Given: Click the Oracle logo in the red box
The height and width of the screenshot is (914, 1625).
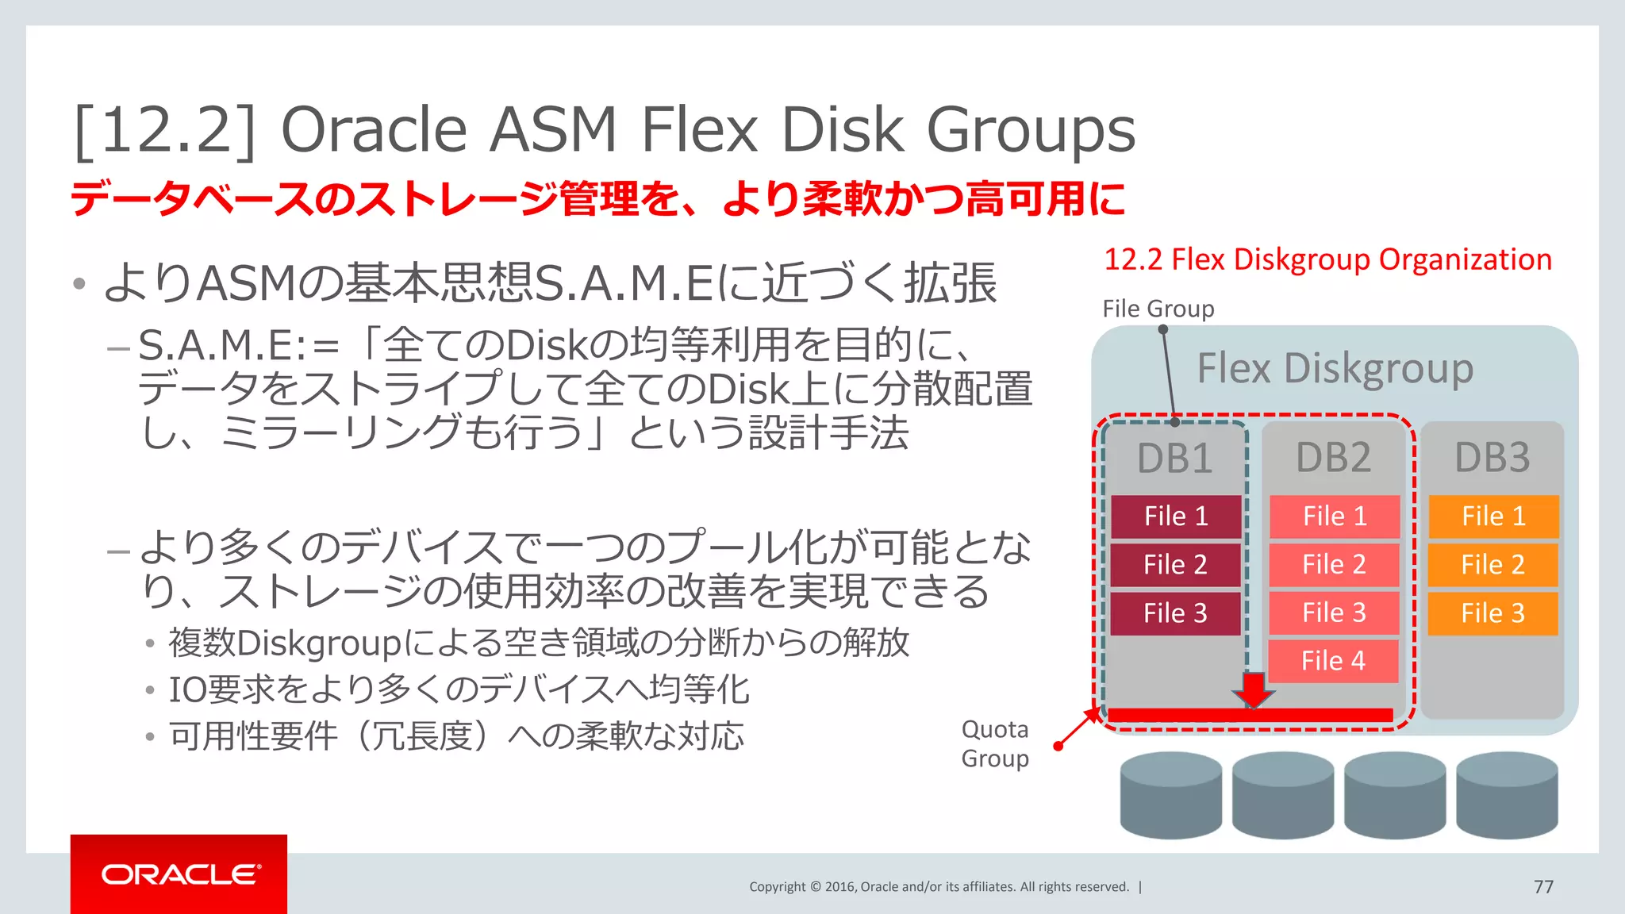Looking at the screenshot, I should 179,874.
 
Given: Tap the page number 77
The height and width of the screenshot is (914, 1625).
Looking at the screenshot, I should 1543,886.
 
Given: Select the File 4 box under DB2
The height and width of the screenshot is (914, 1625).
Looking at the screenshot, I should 1333,661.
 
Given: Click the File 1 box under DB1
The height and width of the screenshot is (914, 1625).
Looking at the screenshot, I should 1176,517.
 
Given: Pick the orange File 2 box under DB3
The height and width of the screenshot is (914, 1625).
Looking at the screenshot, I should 1492,565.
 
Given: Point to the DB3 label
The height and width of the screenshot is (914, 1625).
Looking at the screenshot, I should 1492,458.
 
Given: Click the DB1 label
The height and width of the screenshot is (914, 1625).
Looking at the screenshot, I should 1174,459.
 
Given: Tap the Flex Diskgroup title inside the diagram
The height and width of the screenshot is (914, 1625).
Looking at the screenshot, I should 1335,369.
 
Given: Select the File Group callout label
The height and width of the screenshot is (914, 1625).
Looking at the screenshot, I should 1158,309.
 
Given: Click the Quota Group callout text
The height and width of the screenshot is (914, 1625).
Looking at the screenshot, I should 995,743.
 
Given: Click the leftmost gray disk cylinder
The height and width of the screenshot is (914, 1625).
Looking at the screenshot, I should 1170,795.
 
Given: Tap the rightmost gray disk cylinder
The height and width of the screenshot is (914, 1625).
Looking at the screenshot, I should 1507,795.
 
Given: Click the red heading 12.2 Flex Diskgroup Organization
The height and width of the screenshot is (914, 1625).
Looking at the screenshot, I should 1327,259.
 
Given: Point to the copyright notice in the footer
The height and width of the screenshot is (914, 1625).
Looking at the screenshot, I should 939,886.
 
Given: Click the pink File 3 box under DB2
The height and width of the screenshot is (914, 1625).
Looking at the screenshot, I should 1334,613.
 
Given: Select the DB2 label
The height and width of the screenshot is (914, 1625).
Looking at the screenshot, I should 1333,458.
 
